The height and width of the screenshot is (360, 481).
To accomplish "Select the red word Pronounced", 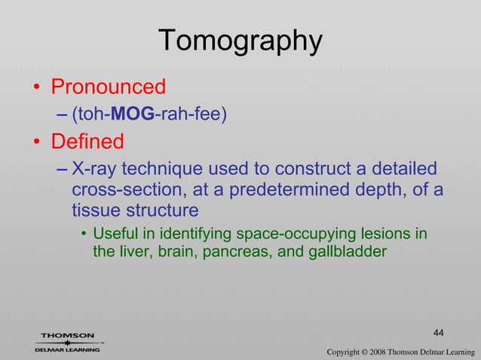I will [x=108, y=87].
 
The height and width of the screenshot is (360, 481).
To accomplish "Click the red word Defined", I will [x=87, y=142].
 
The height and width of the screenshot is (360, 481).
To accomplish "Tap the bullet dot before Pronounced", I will [x=35, y=88].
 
